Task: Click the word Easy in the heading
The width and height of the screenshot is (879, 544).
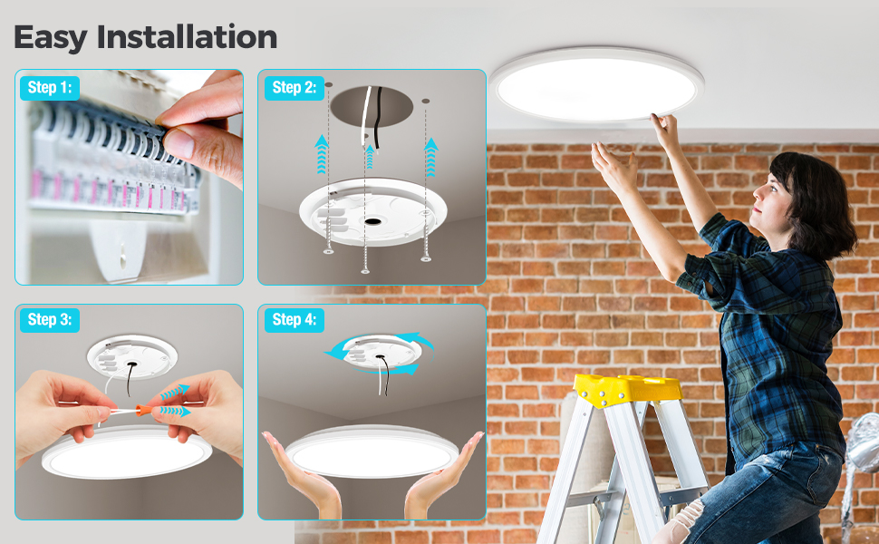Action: pyautogui.click(x=51, y=37)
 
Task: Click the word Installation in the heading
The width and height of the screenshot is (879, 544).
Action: pyautogui.click(x=187, y=37)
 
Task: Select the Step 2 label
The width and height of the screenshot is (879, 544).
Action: pyautogui.click(x=294, y=88)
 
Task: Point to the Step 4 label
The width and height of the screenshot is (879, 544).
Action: pyautogui.click(x=294, y=319)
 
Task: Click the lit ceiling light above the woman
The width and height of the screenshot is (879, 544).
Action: pyautogui.click(x=595, y=89)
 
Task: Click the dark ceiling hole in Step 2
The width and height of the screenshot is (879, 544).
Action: pyautogui.click(x=371, y=108)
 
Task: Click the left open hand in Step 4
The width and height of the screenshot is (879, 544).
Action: pyautogui.click(x=299, y=471)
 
